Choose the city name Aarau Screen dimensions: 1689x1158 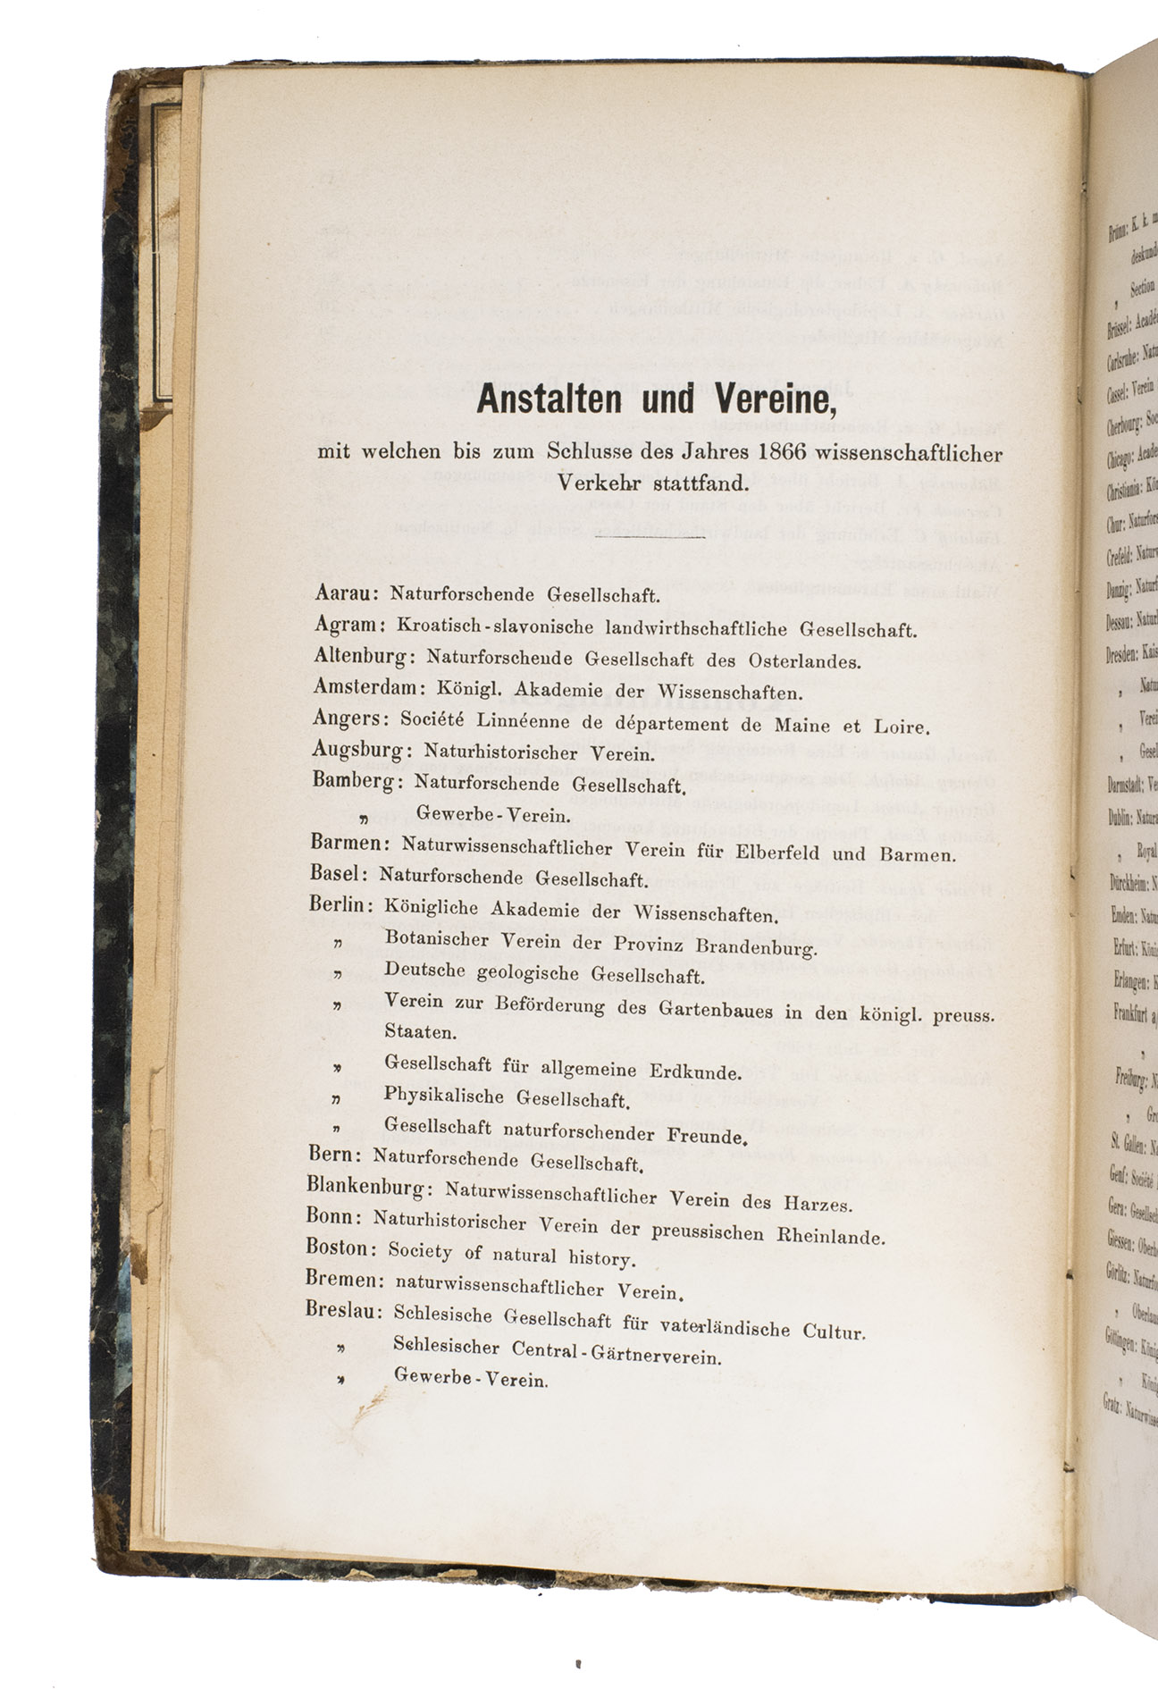346,593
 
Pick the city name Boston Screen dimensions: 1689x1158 337,1248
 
